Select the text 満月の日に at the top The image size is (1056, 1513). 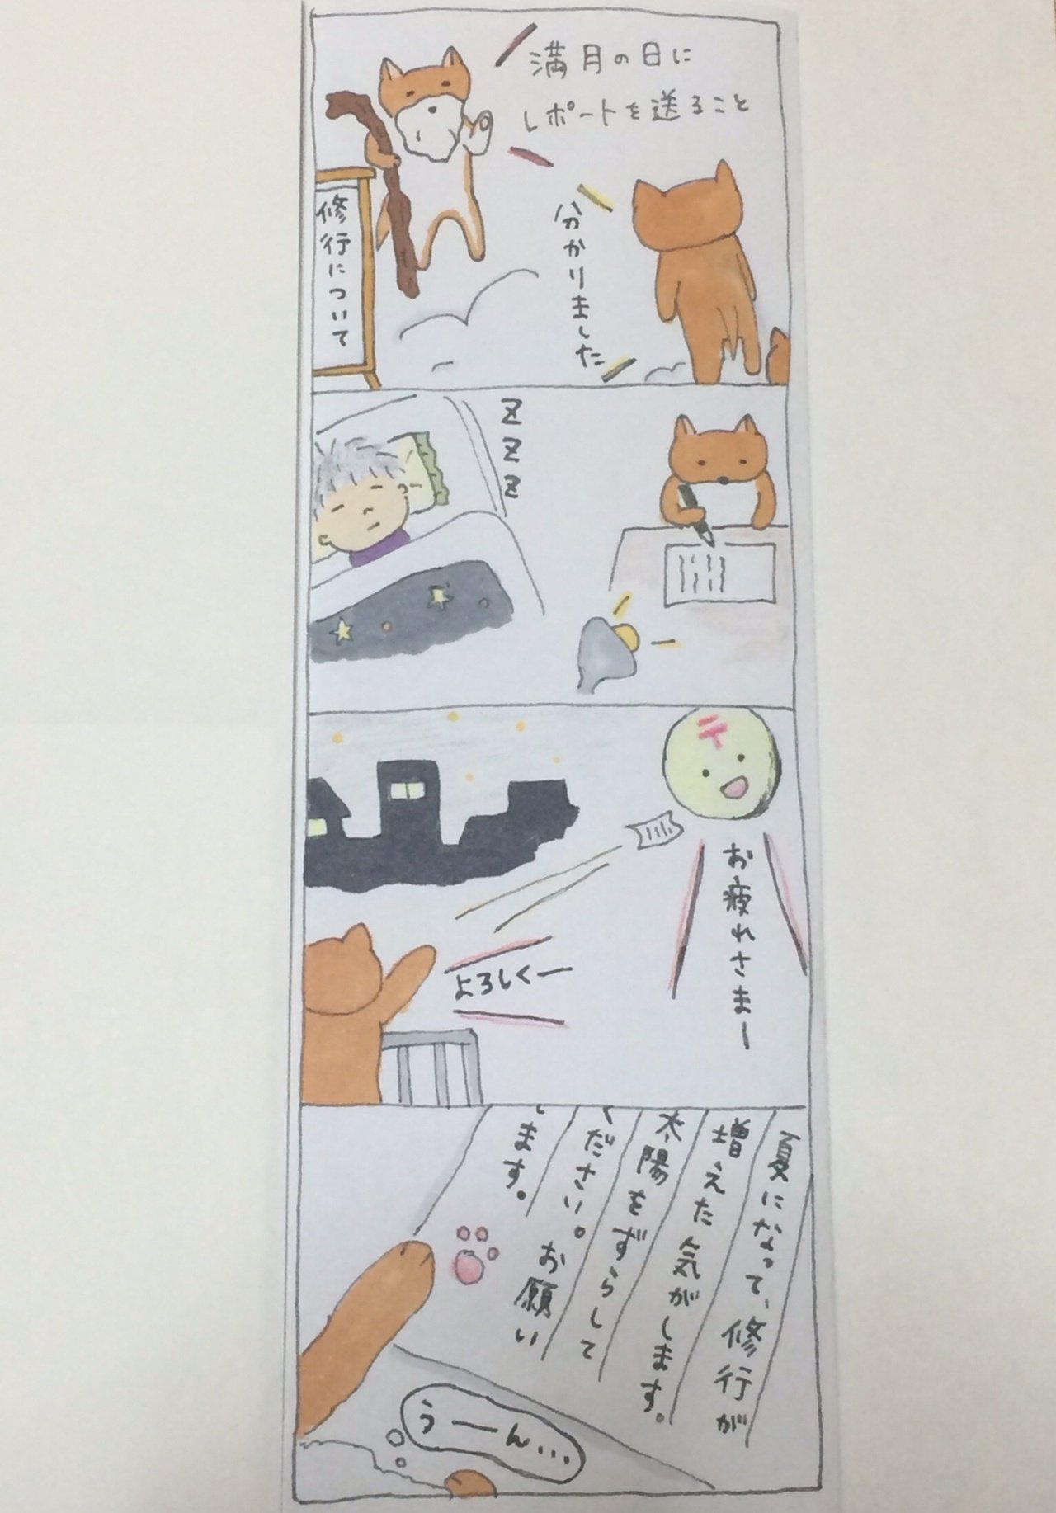click(x=610, y=64)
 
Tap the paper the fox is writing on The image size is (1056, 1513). click(x=718, y=569)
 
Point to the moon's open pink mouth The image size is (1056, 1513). click(x=731, y=789)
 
